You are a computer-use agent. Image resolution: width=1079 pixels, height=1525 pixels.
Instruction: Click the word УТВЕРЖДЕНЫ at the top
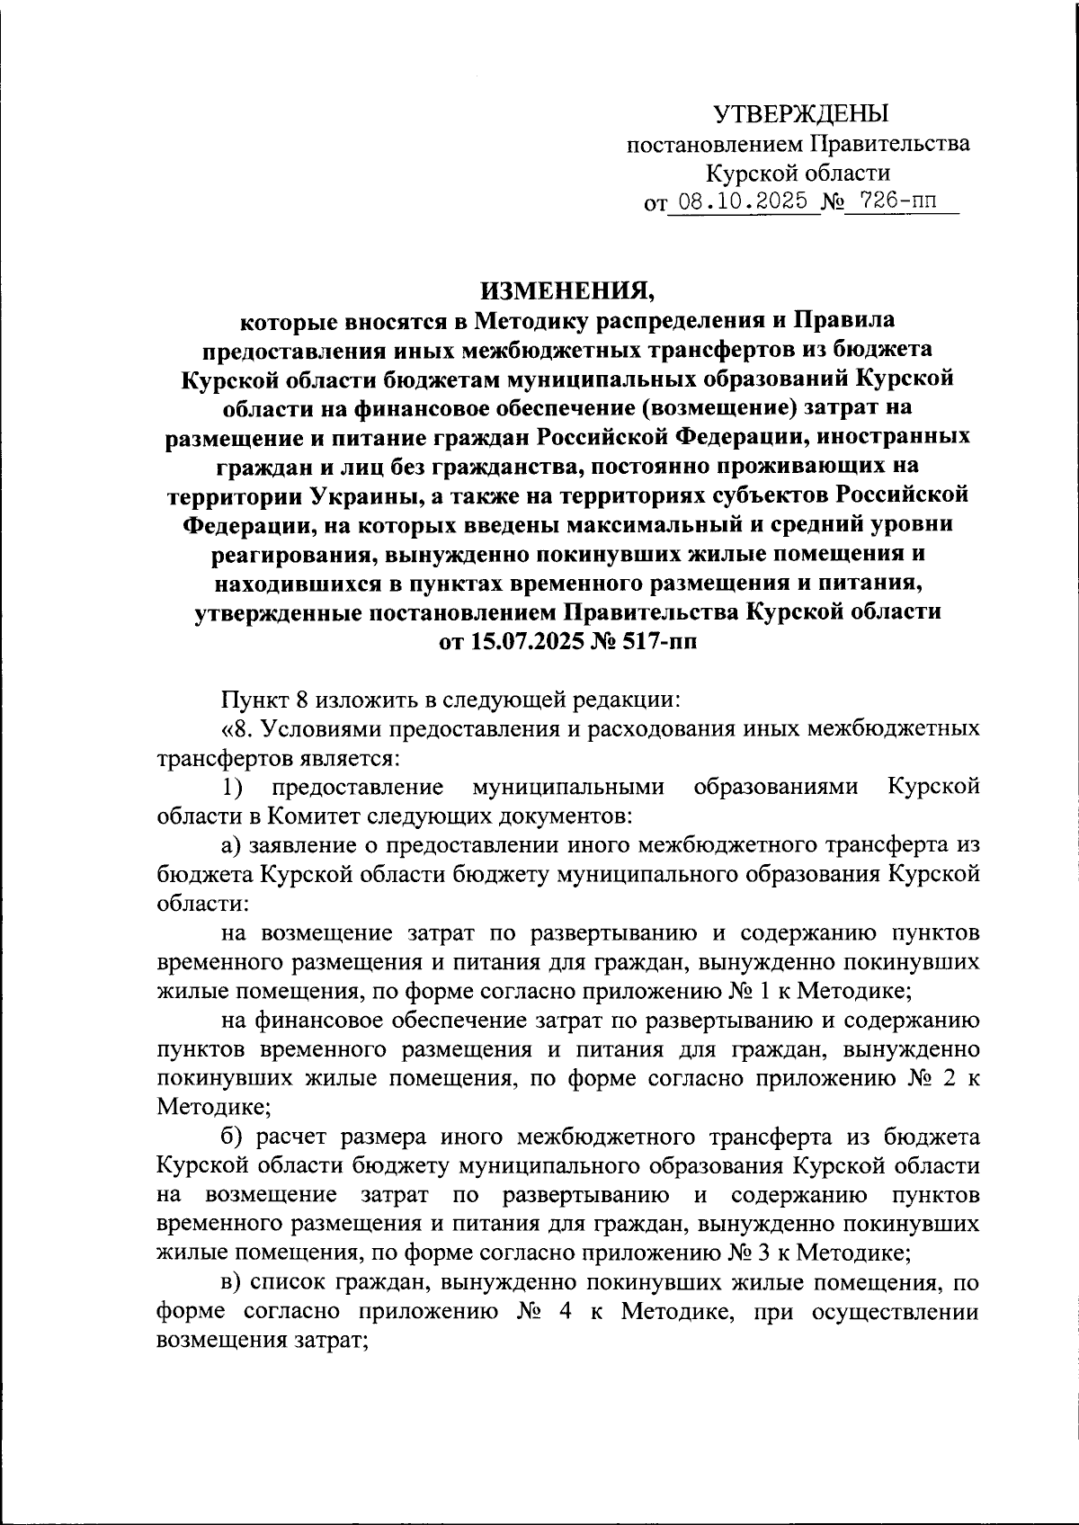[x=800, y=113]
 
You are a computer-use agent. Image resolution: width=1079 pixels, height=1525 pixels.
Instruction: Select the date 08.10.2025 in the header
[x=743, y=201]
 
